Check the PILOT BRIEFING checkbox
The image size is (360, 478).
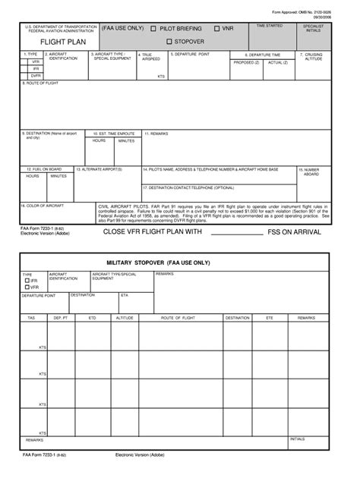click(153, 29)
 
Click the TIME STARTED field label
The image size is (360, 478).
click(270, 26)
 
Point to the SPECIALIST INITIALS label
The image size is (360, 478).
click(313, 28)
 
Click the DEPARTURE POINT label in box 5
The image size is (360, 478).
click(191, 55)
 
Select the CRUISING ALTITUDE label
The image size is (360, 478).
click(314, 57)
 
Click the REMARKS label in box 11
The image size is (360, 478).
click(158, 133)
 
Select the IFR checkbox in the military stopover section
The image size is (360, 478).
click(28, 281)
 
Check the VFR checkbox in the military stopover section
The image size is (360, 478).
click(28, 288)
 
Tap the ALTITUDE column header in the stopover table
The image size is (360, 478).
click(125, 318)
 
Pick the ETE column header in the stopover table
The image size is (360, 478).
click(269, 318)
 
